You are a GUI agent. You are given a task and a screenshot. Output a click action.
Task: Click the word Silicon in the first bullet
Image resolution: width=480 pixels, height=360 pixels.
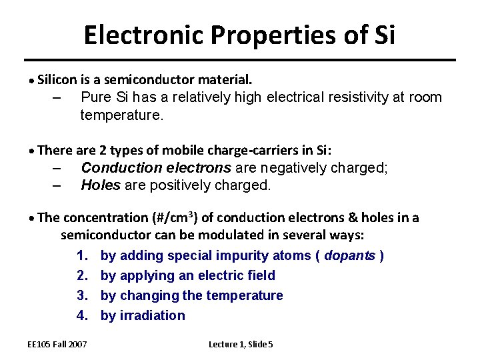57,80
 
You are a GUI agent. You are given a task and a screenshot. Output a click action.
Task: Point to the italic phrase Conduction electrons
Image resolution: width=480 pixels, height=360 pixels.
156,167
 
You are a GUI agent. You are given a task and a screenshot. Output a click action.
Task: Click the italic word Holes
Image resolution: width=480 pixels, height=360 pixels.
101,185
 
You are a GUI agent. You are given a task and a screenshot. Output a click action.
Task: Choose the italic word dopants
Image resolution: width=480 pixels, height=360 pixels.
350,255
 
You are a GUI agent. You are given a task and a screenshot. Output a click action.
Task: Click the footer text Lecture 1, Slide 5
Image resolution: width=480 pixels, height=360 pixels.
241,344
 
